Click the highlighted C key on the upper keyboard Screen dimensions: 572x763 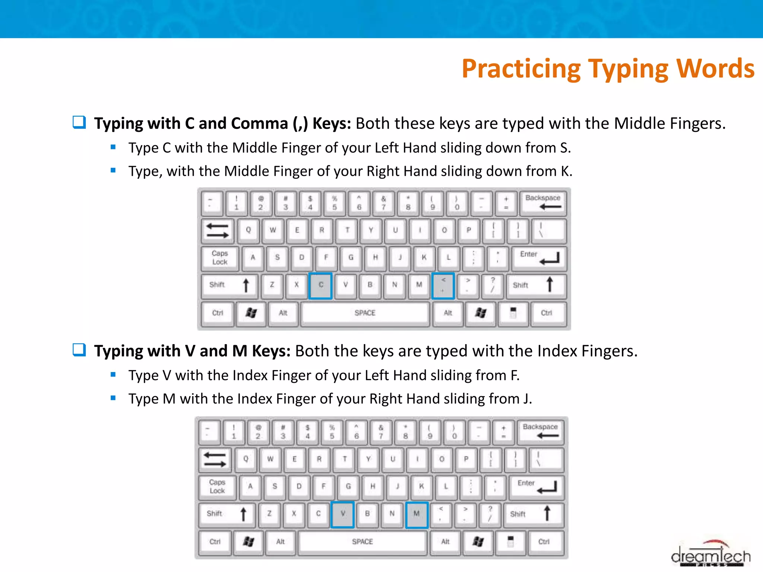[x=320, y=285]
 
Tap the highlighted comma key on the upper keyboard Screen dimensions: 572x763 [x=443, y=285]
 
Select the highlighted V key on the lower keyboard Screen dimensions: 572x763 [x=342, y=514]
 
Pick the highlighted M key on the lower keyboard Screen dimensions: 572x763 [x=417, y=514]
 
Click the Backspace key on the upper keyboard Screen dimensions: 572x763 [x=543, y=203]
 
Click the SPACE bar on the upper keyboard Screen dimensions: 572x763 [x=365, y=313]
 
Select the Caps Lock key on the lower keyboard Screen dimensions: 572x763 [x=217, y=487]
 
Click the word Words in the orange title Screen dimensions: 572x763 [x=715, y=69]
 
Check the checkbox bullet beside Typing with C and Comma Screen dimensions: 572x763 [x=79, y=122]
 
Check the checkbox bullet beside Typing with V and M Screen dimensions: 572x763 [x=79, y=350]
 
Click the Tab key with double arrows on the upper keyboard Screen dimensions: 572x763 [x=218, y=231]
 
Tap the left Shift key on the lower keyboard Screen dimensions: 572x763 [x=226, y=514]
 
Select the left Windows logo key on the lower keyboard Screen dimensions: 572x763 [x=248, y=542]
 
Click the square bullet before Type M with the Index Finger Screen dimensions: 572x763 [x=113, y=398]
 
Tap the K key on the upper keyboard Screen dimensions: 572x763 [x=424, y=258]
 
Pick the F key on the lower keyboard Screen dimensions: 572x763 [x=323, y=487]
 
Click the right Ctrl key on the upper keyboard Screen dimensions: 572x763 [x=547, y=313]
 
